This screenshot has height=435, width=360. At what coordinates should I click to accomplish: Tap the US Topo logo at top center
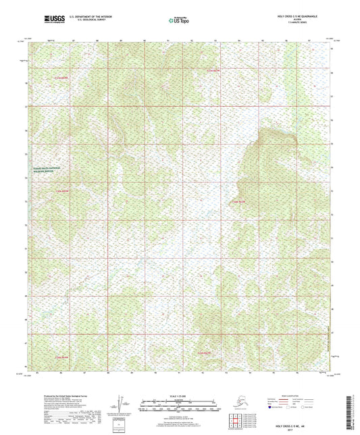(x=179, y=20)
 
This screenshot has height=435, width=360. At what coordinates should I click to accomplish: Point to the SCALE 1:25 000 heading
(x=180, y=395)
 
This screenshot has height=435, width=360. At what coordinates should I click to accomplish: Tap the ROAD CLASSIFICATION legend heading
(x=291, y=396)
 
